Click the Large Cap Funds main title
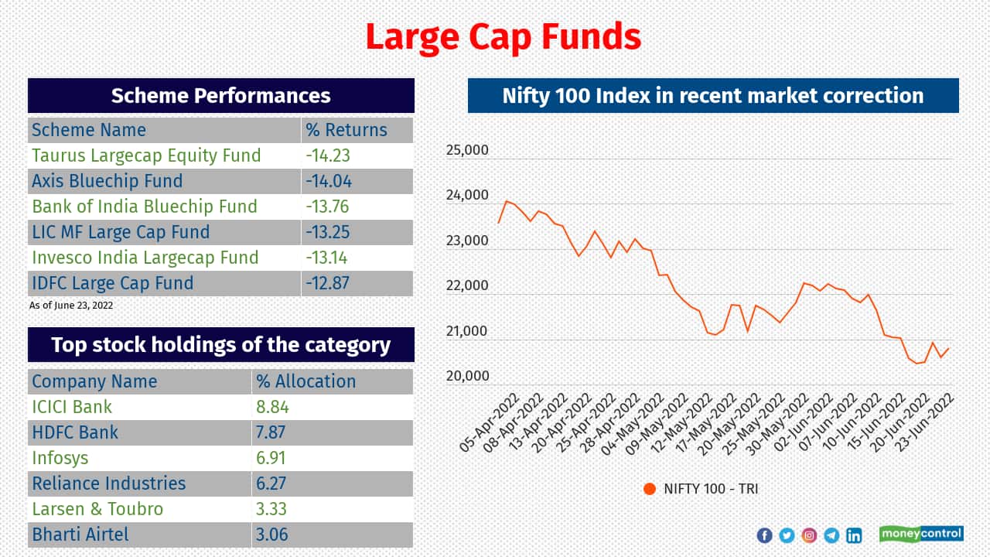pos(503,36)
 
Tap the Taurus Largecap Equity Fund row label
pos(146,155)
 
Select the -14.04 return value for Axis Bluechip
pos(328,181)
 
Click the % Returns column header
pos(346,130)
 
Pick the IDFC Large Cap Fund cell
pos(112,283)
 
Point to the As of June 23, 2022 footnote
pos(71,306)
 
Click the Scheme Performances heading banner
pos(220,96)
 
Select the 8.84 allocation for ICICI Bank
pos(271,407)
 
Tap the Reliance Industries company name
pos(108,484)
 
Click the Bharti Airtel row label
pos(80,535)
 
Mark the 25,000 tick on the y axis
pos(467,150)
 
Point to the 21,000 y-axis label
pos(467,331)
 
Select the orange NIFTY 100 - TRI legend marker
pos(650,489)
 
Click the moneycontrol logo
pos(921,534)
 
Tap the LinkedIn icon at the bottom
pos(854,535)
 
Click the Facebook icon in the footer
pos(764,535)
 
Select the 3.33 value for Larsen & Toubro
pos(271,509)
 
